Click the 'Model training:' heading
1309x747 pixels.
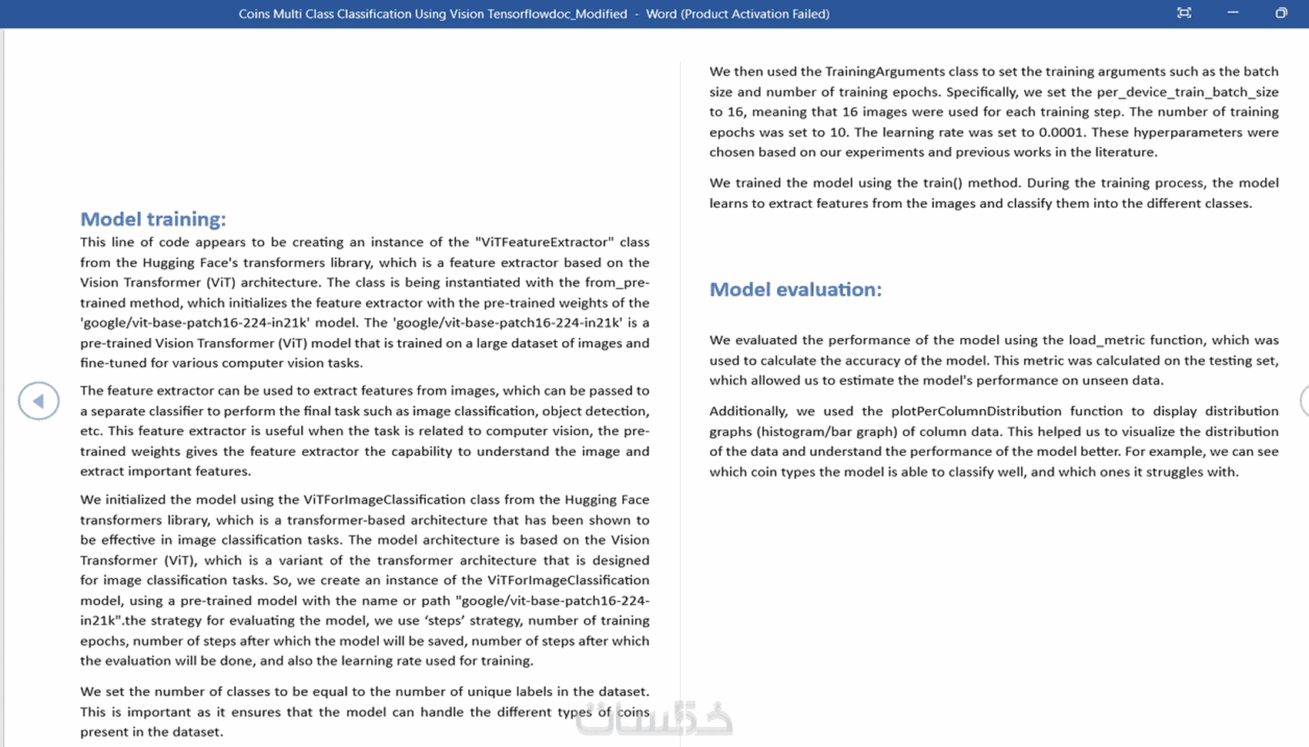click(153, 219)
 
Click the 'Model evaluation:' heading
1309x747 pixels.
click(795, 290)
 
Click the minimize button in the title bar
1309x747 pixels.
click(1233, 13)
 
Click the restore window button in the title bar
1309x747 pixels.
click(1281, 13)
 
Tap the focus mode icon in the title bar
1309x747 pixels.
click(1184, 13)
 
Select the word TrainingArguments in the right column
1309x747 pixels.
click(885, 72)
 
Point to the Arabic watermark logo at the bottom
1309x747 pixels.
click(654, 719)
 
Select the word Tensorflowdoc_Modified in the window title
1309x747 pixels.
click(557, 14)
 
